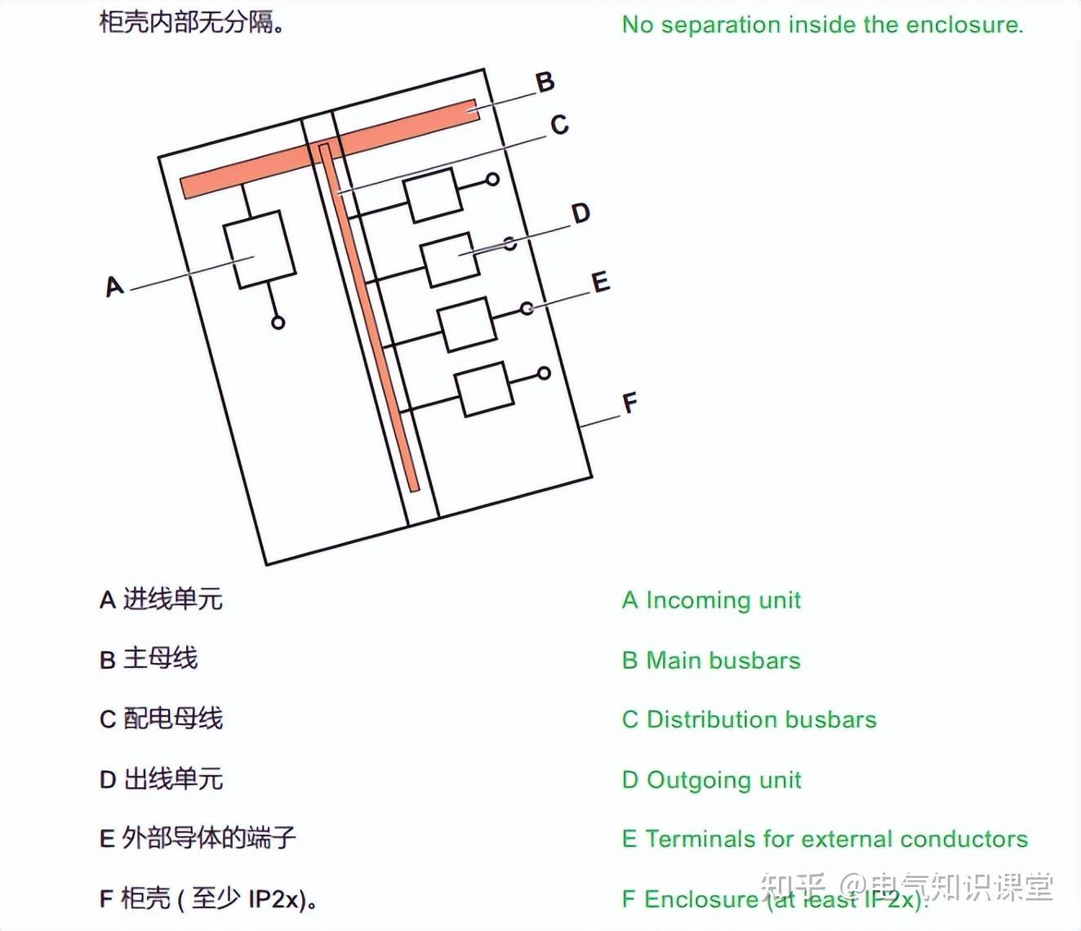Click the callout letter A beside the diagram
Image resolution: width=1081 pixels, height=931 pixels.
click(114, 287)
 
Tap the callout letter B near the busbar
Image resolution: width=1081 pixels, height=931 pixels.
click(545, 82)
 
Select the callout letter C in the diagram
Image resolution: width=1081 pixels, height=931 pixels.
click(559, 125)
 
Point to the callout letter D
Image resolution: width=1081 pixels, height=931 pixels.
click(581, 214)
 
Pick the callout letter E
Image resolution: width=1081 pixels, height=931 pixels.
click(601, 283)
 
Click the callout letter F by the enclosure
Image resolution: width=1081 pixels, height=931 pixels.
click(629, 403)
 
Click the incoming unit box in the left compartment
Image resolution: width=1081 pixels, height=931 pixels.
click(260, 249)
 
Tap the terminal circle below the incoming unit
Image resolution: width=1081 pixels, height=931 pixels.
click(278, 323)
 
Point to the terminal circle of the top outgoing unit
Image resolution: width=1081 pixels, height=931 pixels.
click(492, 179)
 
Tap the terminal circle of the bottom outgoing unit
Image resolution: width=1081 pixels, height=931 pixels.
click(544, 373)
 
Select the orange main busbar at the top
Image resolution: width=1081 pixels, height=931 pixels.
click(327, 149)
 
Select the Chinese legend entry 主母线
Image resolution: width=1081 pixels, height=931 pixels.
click(160, 658)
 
